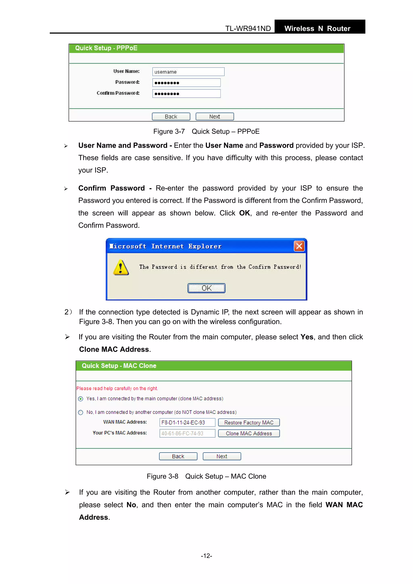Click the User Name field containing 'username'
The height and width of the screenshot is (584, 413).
coord(188,72)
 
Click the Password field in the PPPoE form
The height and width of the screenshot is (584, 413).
coord(186,83)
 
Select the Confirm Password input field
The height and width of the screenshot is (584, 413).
coord(186,94)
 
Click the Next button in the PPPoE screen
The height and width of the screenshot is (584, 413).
coord(215,117)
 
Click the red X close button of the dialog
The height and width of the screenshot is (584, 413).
coord(299,246)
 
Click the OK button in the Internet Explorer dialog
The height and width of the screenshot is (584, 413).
coord(206,288)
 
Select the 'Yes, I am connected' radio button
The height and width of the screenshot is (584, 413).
coord(81,399)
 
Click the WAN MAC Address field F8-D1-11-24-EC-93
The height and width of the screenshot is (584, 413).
coord(187,423)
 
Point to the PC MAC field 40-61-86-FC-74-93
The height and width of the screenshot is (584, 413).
coord(187,433)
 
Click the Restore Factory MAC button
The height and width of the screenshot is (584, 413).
coord(249,423)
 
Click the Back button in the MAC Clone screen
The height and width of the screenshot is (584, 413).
coord(178,456)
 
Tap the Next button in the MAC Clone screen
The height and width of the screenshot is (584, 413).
coord(222,456)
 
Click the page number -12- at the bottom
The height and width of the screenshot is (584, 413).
coord(206,556)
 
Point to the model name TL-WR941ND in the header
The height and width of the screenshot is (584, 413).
coord(248,28)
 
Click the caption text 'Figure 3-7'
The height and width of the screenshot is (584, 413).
coord(169,131)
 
